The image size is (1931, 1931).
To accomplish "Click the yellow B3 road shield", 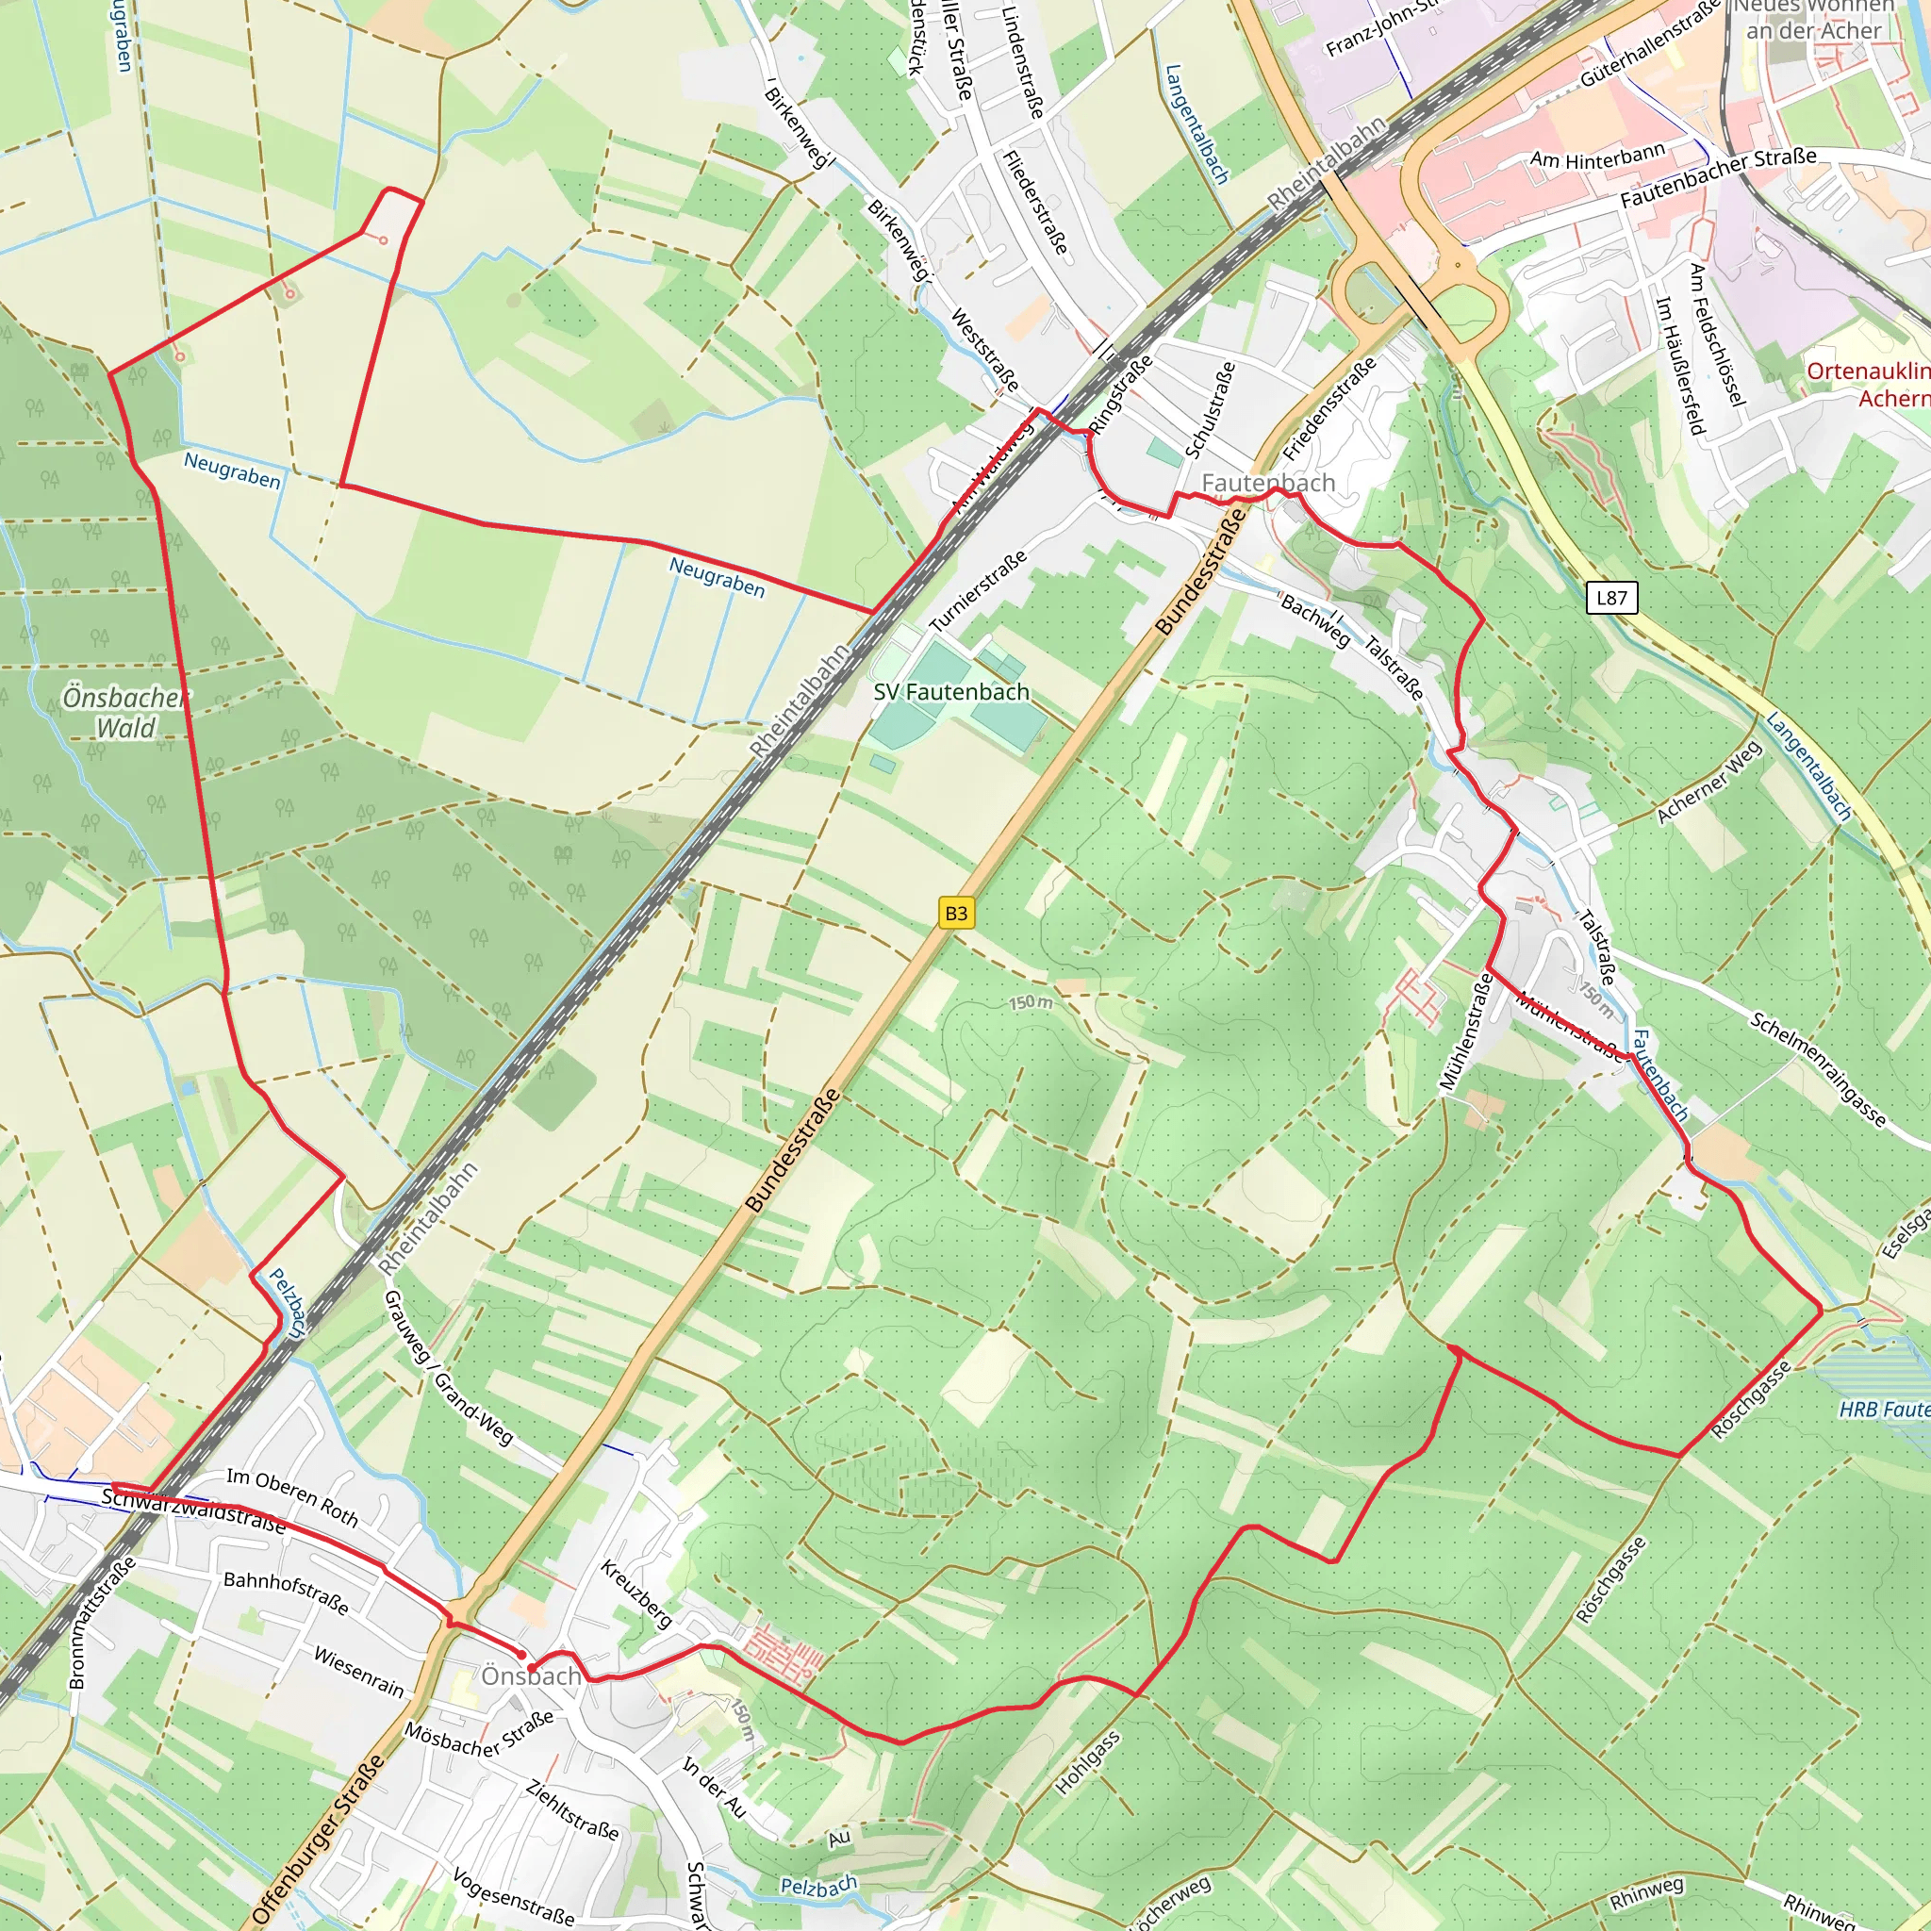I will click(x=955, y=913).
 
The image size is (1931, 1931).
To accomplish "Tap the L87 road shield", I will click(x=1611, y=598).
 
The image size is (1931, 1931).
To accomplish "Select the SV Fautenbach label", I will click(x=950, y=692).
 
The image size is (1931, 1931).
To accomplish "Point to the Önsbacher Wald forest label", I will click(x=124, y=713).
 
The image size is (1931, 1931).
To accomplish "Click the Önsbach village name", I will click(x=531, y=1676).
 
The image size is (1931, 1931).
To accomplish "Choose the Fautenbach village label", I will click(x=1267, y=483).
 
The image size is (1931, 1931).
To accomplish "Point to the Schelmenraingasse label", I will click(x=1817, y=1069).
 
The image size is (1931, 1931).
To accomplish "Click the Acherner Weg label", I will click(x=1709, y=783).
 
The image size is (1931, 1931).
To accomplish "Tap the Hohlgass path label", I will click(x=1087, y=1763).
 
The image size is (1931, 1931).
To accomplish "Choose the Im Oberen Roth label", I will click(x=292, y=1497).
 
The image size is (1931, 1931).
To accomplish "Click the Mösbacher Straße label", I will click(x=479, y=1736).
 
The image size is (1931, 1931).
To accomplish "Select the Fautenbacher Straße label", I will click(x=1718, y=178).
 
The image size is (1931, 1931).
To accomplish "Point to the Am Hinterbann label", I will click(x=1597, y=156).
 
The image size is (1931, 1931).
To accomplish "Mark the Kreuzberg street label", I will click(x=635, y=1594).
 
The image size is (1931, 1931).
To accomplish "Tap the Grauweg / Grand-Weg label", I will click(x=447, y=1368).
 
